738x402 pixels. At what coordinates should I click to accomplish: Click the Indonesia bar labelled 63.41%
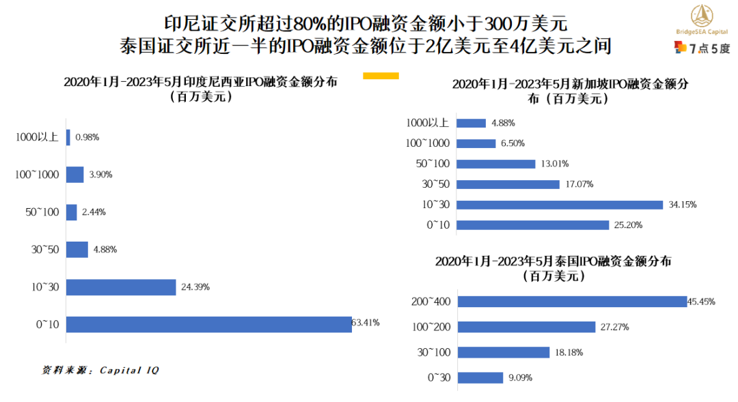click(x=208, y=324)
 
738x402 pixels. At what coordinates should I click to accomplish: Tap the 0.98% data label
click(x=87, y=137)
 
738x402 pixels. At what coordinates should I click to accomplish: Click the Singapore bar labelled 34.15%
click(x=559, y=205)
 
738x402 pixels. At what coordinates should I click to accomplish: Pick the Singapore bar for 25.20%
click(x=532, y=225)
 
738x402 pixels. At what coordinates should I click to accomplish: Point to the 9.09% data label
click(x=519, y=377)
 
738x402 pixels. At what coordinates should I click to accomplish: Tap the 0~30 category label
click(x=438, y=377)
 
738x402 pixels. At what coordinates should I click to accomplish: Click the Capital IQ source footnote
click(x=100, y=371)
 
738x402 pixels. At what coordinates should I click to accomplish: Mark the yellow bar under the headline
click(x=381, y=75)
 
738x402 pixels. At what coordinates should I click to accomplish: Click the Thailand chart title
click(x=553, y=268)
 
